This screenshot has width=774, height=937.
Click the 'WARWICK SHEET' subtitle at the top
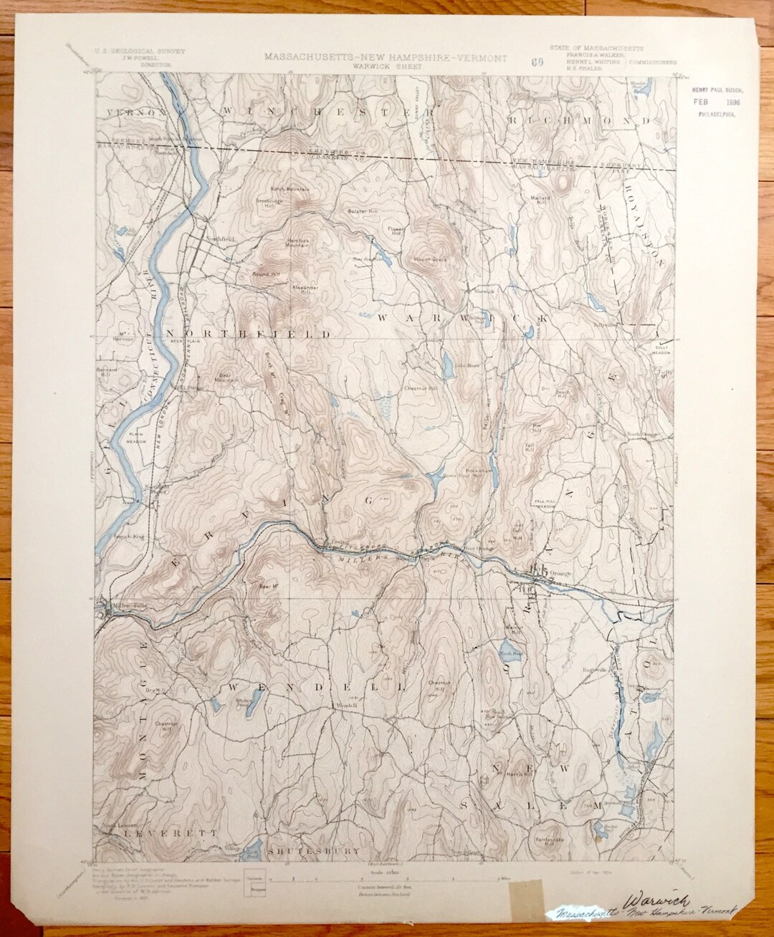coord(386,66)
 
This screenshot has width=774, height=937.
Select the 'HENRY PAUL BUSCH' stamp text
coord(717,90)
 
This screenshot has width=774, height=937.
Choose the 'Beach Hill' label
coord(563,394)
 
